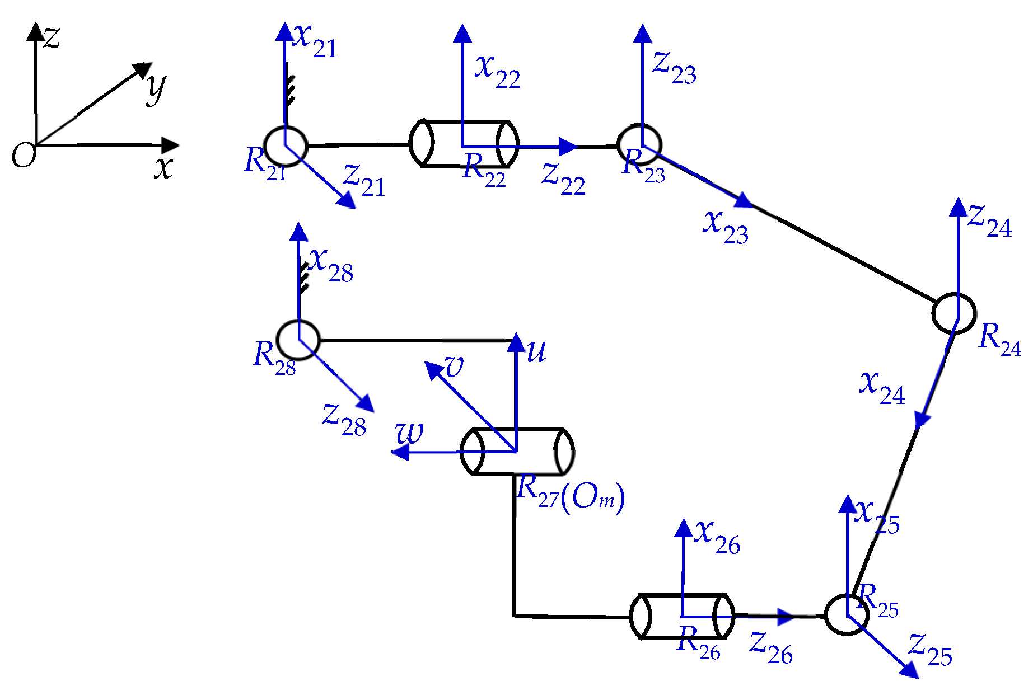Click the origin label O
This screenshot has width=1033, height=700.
pyautogui.click(x=24, y=155)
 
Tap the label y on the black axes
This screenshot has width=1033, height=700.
pyautogui.click(x=156, y=88)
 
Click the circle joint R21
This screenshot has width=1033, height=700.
pyautogui.click(x=286, y=146)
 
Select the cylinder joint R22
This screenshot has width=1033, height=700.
pyautogui.click(x=464, y=144)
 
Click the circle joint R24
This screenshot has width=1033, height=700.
pyautogui.click(x=954, y=313)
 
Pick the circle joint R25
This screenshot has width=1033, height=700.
pyautogui.click(x=847, y=614)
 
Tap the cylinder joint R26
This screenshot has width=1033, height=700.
pyautogui.click(x=682, y=616)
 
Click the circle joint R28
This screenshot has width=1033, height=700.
pyautogui.click(x=298, y=340)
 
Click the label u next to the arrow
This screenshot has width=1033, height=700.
pyautogui.click(x=536, y=351)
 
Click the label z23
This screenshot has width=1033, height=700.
pyautogui.click(x=674, y=68)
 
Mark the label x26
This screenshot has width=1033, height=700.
pyautogui.click(x=717, y=537)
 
